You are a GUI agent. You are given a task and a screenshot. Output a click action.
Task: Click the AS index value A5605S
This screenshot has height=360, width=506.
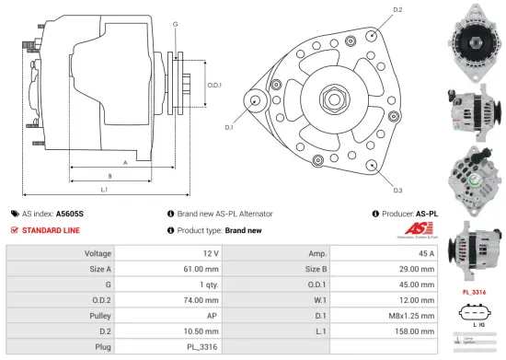coord(70,213)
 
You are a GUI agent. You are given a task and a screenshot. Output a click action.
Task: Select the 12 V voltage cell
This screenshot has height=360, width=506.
coord(210,252)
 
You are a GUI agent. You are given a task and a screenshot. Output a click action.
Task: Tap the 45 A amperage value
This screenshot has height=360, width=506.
coord(426,252)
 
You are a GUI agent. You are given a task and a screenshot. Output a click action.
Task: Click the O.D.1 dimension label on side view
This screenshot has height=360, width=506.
coord(214,85)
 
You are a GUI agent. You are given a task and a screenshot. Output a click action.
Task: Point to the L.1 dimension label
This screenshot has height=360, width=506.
coord(104,190)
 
